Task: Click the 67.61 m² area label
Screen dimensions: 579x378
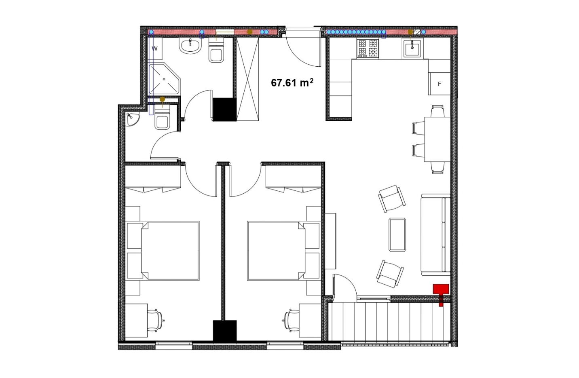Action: click(x=292, y=83)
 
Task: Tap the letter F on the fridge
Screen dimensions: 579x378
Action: click(x=440, y=84)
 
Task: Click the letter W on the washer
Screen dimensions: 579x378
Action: click(x=154, y=49)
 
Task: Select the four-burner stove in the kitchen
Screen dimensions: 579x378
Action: click(x=368, y=49)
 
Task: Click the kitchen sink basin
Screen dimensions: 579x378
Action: click(x=412, y=49)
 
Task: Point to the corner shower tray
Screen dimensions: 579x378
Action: click(x=165, y=78)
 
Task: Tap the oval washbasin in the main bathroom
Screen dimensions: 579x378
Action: click(x=190, y=46)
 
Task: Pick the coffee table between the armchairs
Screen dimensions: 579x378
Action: click(x=397, y=234)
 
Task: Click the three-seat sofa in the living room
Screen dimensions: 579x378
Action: click(x=436, y=234)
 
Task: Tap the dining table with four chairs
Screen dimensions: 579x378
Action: click(x=437, y=139)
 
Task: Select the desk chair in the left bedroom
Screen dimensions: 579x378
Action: click(x=156, y=320)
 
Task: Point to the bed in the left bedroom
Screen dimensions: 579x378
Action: click(x=170, y=251)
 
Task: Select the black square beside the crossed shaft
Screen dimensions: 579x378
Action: click(x=225, y=109)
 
